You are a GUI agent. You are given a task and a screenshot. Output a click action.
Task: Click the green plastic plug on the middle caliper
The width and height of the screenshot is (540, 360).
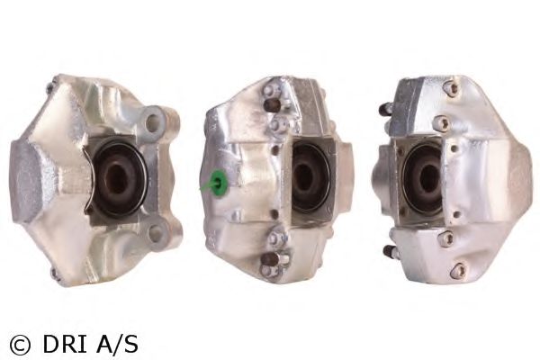point(218,182)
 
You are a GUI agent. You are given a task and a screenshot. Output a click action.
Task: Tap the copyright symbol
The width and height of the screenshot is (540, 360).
point(20,345)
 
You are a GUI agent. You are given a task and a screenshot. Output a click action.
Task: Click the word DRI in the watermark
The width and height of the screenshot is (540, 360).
point(66,344)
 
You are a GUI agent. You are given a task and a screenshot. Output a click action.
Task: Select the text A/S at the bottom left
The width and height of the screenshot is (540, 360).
point(117,344)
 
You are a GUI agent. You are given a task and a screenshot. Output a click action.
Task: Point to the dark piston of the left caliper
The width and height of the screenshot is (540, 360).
point(116,180)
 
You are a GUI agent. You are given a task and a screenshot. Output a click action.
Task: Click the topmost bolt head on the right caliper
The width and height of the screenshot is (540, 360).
point(454,87)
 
